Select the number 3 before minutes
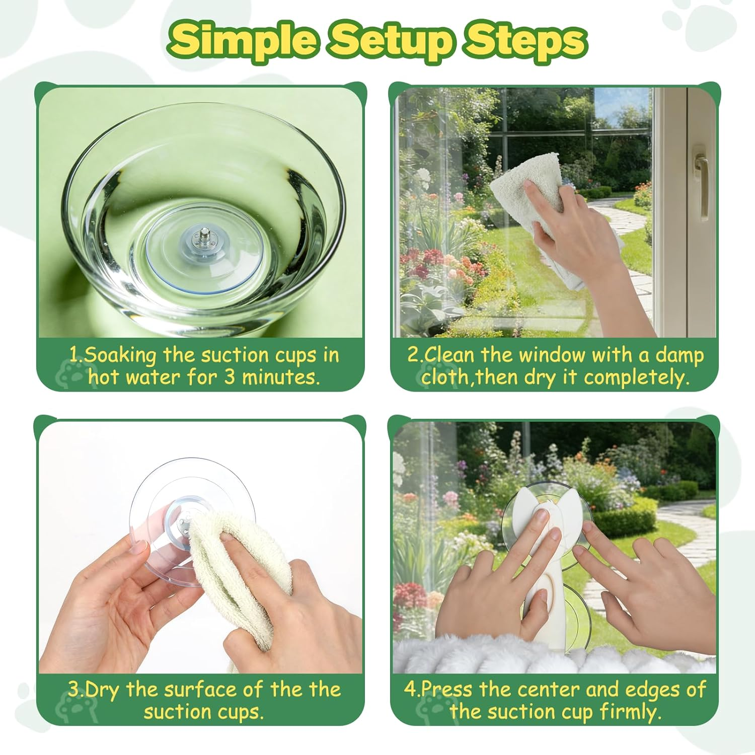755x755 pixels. pos(230,377)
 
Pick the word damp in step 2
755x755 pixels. pos(679,356)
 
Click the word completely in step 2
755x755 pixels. pos(637,378)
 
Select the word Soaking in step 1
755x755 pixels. pos(120,356)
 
